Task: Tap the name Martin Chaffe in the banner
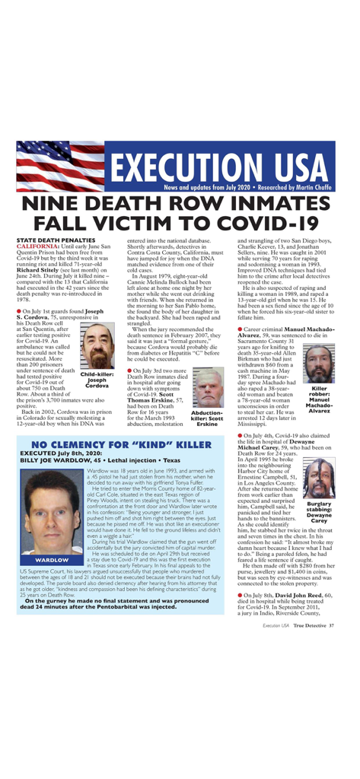[319, 186]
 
